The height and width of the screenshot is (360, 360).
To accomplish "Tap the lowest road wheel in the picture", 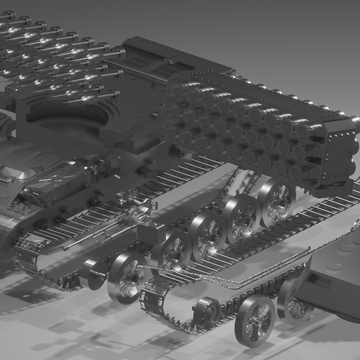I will tap(255, 320).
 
